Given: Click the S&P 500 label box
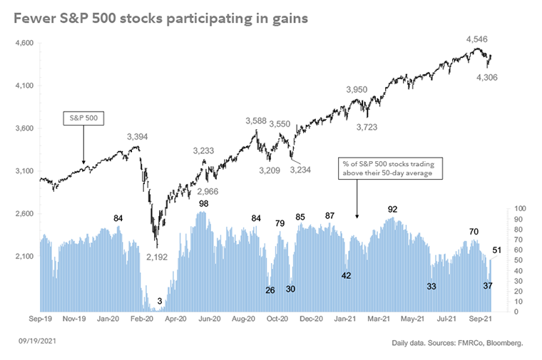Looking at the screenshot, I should (83, 116).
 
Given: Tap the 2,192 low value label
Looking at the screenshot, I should (156, 257).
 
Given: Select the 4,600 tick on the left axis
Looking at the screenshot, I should (24, 43).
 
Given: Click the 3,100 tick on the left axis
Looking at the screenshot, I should (24, 171).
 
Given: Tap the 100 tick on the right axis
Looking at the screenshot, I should (519, 208).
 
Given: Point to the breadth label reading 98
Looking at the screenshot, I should (204, 204).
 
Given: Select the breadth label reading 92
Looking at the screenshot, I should (392, 210).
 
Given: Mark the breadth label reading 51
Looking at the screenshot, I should (497, 250).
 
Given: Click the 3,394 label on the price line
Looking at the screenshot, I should (138, 136).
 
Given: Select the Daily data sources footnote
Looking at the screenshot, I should (457, 344).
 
